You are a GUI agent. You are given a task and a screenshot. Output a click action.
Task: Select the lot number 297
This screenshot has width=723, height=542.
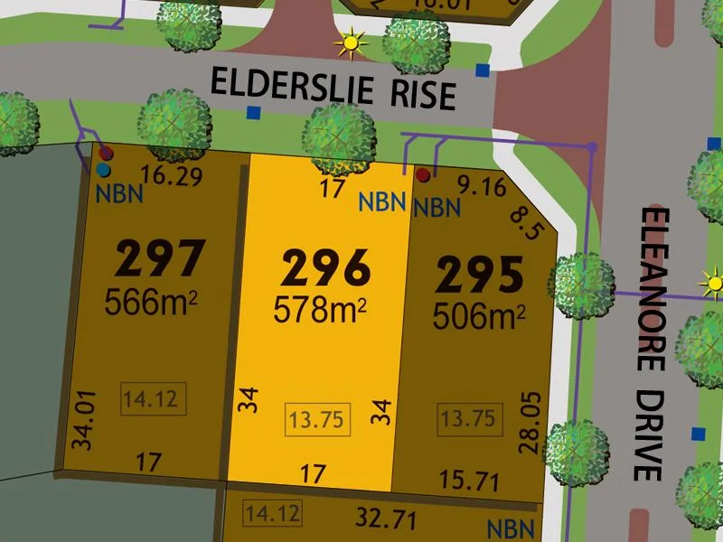coord(161,259)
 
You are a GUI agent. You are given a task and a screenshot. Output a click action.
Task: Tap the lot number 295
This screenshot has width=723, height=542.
coord(480,276)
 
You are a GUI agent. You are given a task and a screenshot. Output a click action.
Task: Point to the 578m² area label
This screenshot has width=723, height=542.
coord(320,310)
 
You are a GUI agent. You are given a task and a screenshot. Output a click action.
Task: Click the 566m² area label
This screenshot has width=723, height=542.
coord(151,301)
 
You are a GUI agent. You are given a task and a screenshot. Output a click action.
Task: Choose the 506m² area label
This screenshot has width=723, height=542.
coord(479,316)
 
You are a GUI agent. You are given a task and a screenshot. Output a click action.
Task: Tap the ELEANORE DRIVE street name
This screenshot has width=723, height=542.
coord(653,343)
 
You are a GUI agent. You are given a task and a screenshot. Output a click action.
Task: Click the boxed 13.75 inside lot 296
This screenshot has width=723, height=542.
coord(315,418)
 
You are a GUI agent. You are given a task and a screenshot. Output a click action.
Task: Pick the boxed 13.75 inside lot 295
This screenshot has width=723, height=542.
coord(469,418)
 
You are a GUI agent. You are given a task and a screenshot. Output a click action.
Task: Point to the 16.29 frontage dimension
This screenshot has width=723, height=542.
coord(171,176)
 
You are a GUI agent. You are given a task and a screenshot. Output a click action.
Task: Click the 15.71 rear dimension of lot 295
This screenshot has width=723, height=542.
coord(468,481)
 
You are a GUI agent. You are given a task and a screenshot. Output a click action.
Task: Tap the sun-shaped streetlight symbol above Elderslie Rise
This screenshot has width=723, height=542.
coord(350,42)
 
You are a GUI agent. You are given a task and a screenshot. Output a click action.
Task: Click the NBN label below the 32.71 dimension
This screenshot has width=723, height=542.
coord(510,528)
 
